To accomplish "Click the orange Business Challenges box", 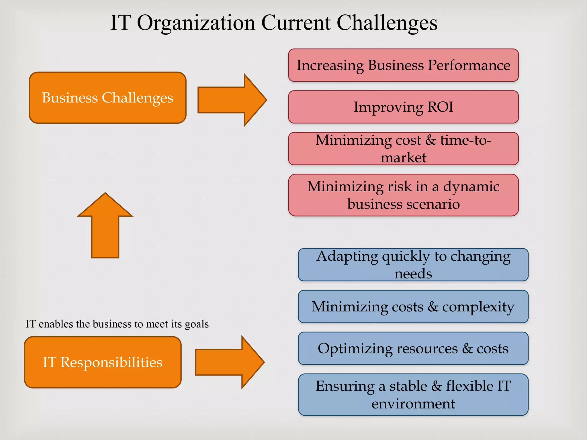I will [x=107, y=98].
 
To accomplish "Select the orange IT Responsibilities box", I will [x=103, y=362].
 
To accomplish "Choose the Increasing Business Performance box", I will [x=403, y=65].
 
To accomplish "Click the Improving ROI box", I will [x=403, y=107].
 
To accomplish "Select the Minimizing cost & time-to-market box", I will [x=403, y=149].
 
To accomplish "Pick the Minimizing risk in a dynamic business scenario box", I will [x=403, y=195].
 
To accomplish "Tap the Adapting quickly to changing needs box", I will [x=413, y=265].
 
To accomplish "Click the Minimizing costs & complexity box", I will [x=413, y=307].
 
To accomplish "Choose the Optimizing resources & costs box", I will [x=413, y=348].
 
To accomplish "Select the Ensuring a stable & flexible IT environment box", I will [x=413, y=395].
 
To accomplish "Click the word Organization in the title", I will [x=196, y=23].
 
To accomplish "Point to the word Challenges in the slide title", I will [x=387, y=23].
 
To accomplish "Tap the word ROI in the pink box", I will [x=440, y=107].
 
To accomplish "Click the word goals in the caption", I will [x=197, y=324].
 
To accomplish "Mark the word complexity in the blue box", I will [x=478, y=307].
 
